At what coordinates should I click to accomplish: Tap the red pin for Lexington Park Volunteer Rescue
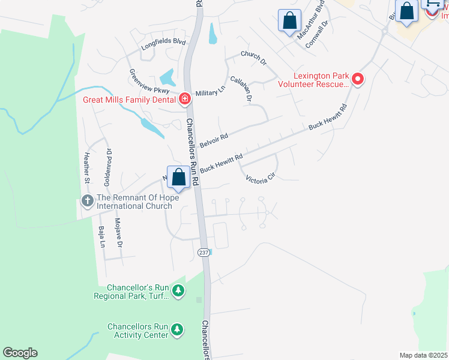pos(358,79)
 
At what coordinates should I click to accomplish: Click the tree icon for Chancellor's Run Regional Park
pos(178,291)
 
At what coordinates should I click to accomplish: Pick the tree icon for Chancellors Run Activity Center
pos(176,329)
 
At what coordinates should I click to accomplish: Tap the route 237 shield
pos(203,253)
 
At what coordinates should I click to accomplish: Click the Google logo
pos(20,353)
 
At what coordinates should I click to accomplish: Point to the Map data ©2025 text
pos(423,355)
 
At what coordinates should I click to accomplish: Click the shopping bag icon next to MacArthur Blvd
pos(290,20)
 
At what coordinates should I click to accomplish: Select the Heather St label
pos(87,167)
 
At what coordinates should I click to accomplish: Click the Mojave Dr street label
pos(118,233)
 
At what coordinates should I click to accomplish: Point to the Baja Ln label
pos(101,236)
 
